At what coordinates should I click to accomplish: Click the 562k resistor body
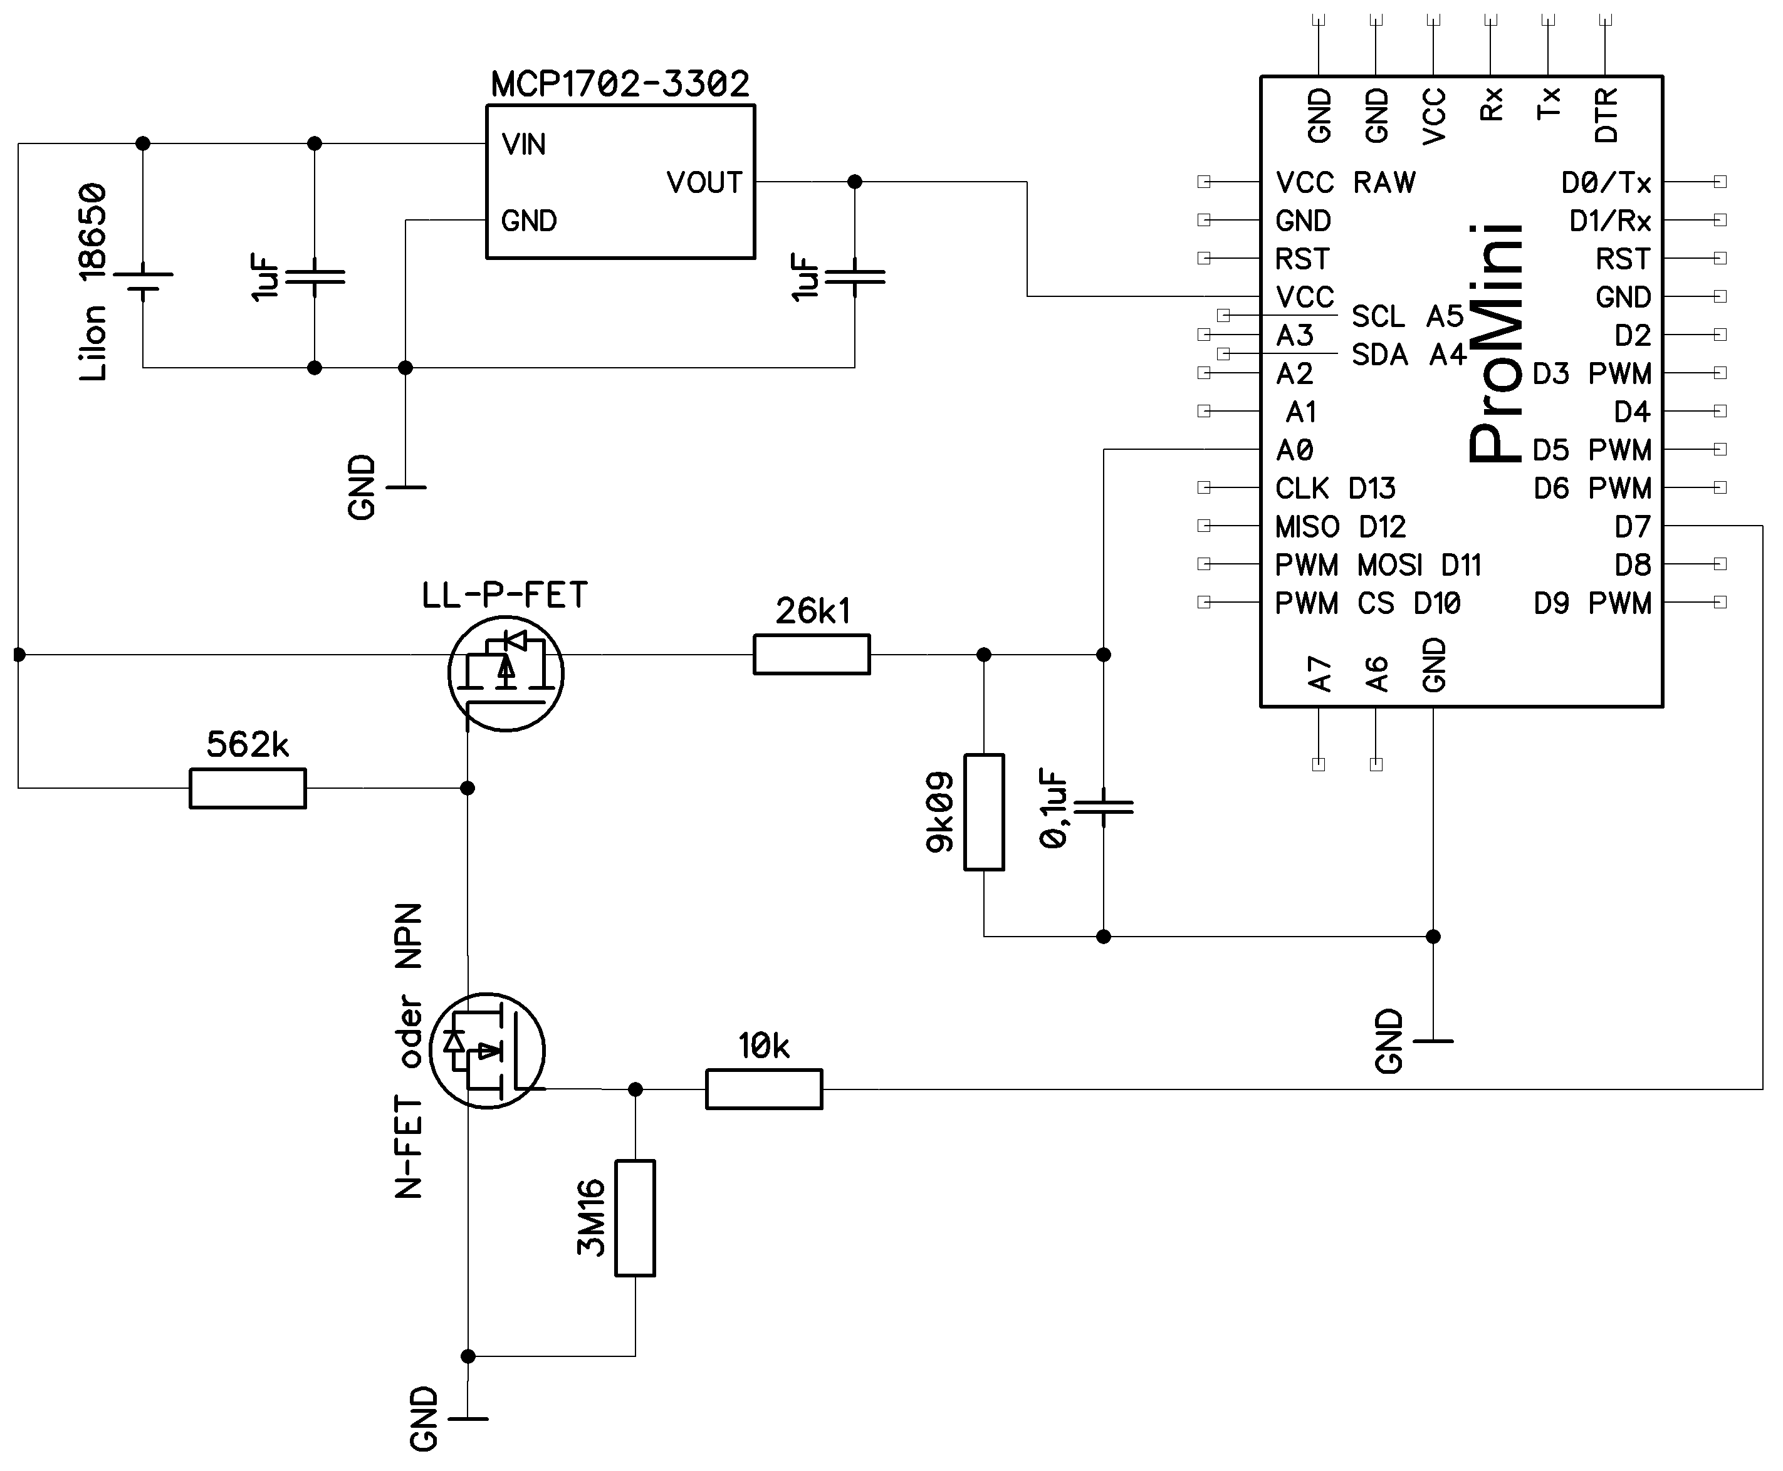(x=248, y=788)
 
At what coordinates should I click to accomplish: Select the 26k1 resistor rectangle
(x=811, y=654)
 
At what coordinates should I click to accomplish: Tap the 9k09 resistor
(x=984, y=812)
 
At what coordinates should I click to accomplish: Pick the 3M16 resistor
(x=635, y=1218)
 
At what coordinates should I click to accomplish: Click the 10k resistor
(x=763, y=1089)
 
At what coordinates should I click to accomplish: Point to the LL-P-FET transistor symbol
(x=506, y=673)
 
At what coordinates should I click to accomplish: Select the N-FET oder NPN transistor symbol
(x=488, y=1051)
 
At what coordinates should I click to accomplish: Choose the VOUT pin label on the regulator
(x=704, y=183)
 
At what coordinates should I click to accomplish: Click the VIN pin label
(x=524, y=145)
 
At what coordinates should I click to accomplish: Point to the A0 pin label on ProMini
(x=1295, y=450)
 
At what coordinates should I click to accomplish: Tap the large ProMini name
(x=1496, y=343)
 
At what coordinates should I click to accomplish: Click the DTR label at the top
(x=1606, y=115)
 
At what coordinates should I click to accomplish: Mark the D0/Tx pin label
(x=1606, y=183)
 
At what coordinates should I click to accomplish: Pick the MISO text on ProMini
(x=1307, y=527)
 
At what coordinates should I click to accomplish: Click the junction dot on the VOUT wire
(x=855, y=181)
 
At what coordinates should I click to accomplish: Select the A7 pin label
(x=1319, y=675)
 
